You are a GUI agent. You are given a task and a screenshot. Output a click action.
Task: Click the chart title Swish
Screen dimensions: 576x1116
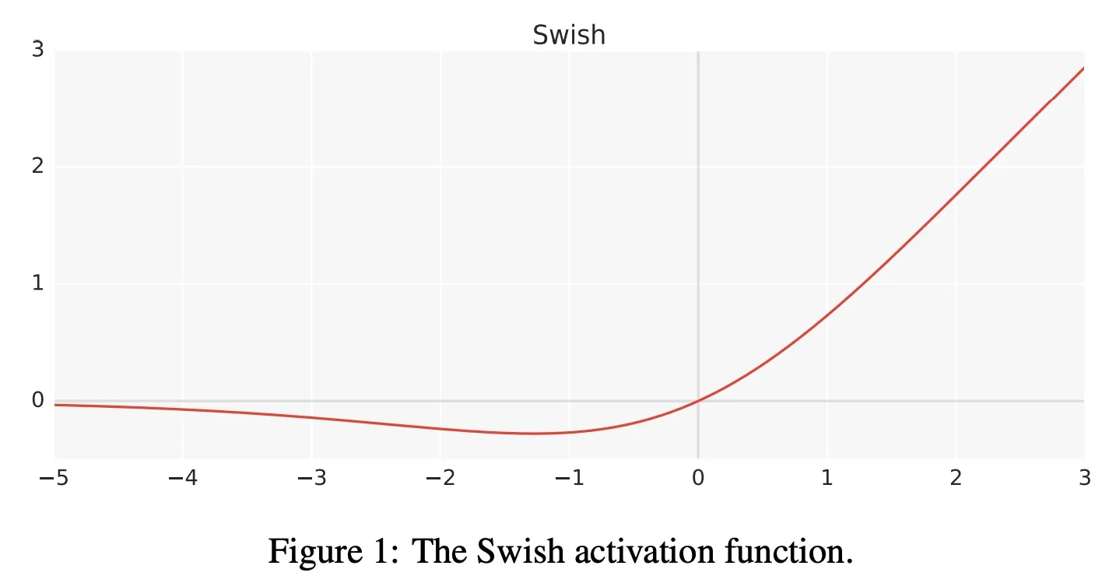(569, 35)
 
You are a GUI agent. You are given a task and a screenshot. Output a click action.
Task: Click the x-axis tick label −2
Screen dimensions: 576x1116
(440, 478)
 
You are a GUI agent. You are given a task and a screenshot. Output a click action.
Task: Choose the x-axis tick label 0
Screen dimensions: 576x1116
(698, 478)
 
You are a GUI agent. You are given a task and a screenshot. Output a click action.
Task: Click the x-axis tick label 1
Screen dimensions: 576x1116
(826, 478)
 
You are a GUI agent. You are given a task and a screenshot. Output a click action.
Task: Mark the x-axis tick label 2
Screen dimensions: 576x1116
(956, 478)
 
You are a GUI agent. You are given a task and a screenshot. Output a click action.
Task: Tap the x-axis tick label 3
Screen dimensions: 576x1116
(1084, 478)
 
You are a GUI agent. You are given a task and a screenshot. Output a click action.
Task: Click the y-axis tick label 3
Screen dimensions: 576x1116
(37, 50)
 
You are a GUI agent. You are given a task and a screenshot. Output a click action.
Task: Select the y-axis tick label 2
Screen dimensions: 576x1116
(37, 167)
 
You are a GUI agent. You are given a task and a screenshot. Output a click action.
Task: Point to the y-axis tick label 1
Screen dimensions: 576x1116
(37, 283)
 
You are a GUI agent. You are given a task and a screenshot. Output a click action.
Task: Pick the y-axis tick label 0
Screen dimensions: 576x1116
(37, 400)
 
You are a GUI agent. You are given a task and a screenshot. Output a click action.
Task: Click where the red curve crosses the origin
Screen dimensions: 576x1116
(698, 401)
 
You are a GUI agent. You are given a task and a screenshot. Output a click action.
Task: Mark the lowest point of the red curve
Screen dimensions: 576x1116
(534, 434)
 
